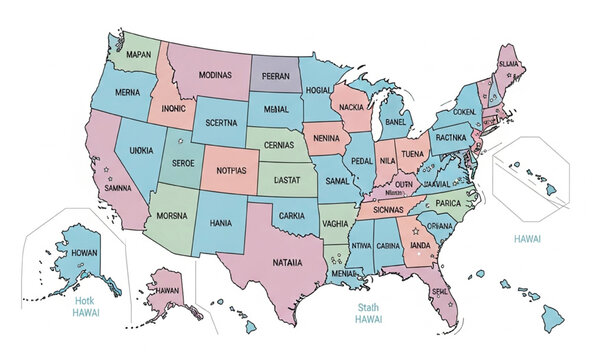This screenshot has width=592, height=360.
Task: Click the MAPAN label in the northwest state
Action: click(x=139, y=53)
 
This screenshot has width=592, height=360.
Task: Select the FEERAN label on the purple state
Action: click(x=274, y=76)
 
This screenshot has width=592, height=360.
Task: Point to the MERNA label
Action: click(x=128, y=92)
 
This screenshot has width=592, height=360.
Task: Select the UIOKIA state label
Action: click(x=142, y=150)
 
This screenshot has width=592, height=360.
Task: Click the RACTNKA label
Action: click(x=451, y=137)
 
